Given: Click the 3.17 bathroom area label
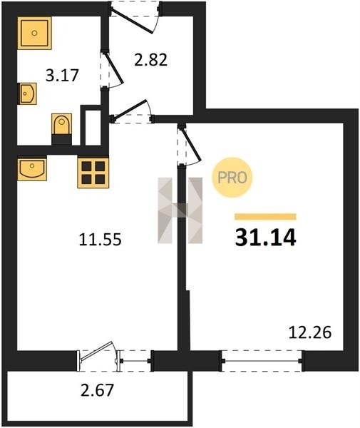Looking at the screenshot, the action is point(62,76).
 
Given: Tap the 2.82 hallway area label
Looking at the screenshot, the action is point(150,60).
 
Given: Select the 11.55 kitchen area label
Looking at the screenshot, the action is point(100,240).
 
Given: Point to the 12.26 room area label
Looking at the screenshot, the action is point(310,332).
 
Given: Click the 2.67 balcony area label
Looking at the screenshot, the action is point(97,389).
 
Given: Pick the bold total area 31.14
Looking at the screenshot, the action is point(266,238).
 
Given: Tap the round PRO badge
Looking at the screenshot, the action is point(232,178).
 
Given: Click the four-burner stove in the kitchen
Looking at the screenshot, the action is point(93,172).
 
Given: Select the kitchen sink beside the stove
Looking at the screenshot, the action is point(32,168).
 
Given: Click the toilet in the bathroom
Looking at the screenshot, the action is point(62,129).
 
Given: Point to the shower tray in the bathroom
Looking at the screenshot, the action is point(35,33).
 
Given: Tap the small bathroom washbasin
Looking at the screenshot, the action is point(27,93).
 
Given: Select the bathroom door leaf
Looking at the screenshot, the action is point(113,68).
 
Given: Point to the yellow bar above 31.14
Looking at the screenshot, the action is point(266,217).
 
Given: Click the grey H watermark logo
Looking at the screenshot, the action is point(180,210).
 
